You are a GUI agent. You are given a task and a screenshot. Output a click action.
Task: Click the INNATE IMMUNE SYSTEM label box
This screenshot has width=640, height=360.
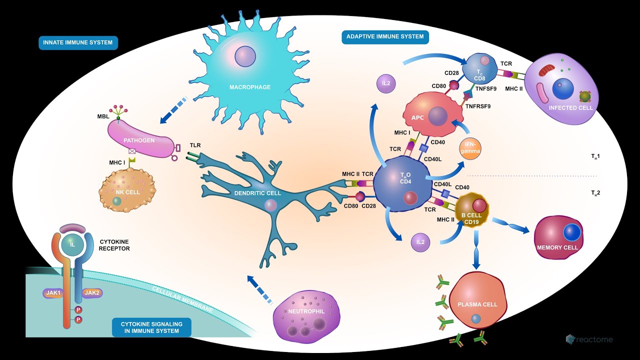(78, 42)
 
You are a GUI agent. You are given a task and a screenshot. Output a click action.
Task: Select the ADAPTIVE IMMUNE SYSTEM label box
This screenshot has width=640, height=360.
(385, 36)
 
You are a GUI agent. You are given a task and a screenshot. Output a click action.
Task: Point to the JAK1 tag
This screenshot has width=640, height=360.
(53, 293)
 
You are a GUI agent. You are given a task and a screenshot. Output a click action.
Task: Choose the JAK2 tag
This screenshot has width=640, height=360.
(92, 293)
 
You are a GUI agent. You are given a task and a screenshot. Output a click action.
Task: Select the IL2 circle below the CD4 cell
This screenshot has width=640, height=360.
(420, 242)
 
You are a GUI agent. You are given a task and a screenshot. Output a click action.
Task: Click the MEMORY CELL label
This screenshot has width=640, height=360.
(557, 247)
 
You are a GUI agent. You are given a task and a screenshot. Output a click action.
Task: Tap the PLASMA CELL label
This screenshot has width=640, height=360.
(477, 304)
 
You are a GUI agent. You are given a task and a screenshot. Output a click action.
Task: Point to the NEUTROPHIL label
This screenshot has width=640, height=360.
(306, 311)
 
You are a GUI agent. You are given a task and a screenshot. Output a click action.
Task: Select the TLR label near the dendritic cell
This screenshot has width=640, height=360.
(195, 145)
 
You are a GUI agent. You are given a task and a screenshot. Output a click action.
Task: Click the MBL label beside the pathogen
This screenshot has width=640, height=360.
(103, 116)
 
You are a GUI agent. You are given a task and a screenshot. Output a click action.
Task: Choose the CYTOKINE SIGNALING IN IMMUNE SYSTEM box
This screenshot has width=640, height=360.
(151, 327)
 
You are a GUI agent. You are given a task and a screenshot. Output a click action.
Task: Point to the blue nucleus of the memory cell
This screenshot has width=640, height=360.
(571, 233)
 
